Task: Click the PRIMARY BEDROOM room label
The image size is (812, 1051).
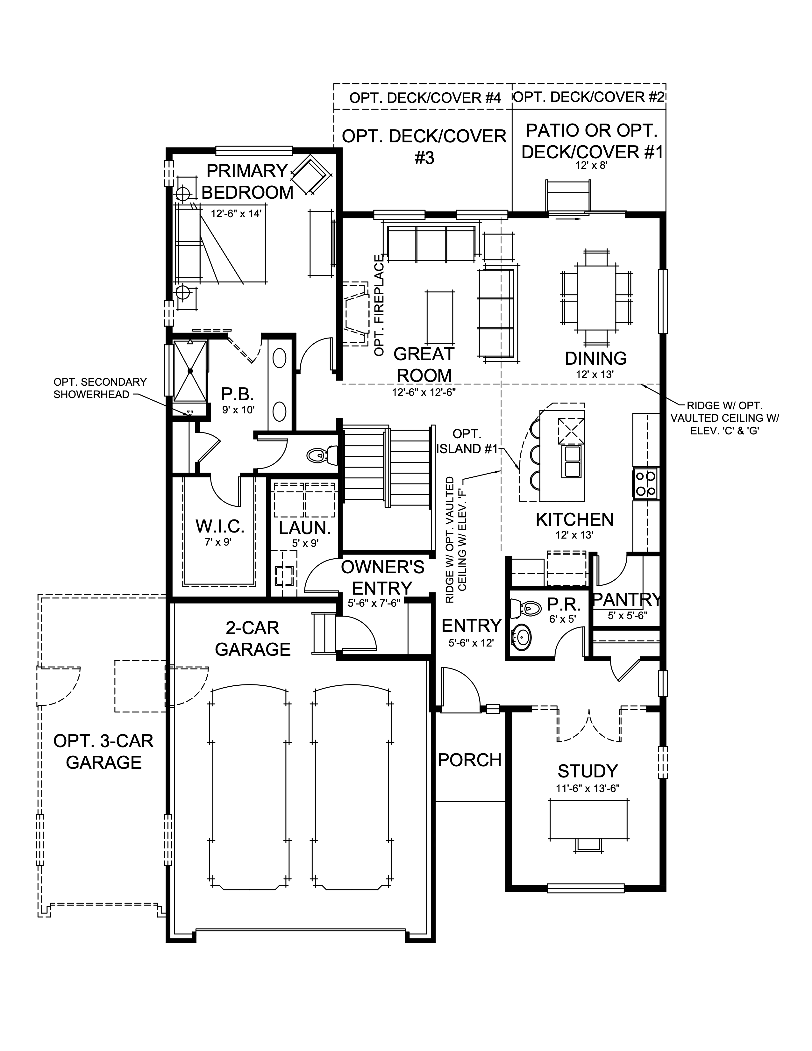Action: click(x=247, y=182)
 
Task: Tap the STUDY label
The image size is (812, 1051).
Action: click(x=588, y=771)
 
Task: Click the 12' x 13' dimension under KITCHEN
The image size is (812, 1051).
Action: click(x=574, y=535)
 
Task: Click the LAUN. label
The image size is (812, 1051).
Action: click(x=304, y=528)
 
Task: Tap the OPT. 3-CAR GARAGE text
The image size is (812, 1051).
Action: click(x=103, y=751)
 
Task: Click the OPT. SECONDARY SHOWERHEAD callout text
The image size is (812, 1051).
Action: click(x=100, y=388)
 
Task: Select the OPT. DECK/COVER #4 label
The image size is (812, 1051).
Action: click(x=425, y=98)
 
